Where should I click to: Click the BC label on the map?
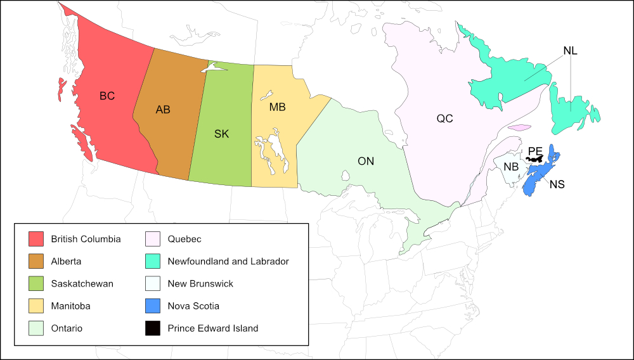tap(107, 96)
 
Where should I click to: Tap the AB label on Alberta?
tap(163, 110)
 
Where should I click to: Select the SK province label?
tap(221, 134)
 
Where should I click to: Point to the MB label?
tap(277, 107)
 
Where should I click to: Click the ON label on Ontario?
tap(366, 161)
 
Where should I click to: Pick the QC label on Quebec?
tap(444, 119)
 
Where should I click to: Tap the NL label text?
tap(570, 51)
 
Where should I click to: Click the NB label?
tap(511, 167)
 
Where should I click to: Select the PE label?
tap(535, 151)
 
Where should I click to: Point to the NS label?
tap(557, 185)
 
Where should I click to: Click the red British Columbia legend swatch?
tap(36, 239)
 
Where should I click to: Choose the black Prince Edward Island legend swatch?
tap(153, 328)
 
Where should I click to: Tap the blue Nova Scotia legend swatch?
tap(153, 306)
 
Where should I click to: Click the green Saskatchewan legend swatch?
tap(36, 283)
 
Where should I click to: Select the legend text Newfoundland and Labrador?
tap(228, 261)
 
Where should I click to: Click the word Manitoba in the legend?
tap(70, 306)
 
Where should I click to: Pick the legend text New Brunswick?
tap(200, 283)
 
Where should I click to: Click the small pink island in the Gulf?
tap(519, 127)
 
